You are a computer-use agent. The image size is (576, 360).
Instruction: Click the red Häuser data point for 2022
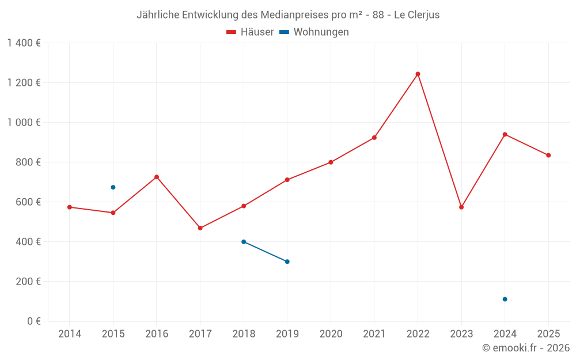418,74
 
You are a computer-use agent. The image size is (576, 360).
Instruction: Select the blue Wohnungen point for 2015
113,187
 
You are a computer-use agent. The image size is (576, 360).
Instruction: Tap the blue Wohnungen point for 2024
505,299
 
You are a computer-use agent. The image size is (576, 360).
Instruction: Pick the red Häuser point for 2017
200,228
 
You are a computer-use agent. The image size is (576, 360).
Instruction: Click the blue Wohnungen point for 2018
244,242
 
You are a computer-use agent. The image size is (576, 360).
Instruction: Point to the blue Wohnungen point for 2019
287,262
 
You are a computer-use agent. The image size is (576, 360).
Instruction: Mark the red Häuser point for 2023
461,207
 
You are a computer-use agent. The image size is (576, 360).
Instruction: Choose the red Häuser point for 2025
548,155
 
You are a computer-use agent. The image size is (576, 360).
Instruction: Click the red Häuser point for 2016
157,177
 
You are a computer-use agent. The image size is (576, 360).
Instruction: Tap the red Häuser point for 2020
331,162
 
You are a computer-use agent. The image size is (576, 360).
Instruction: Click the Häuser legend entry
250,32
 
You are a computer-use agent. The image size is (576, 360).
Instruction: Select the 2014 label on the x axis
70,334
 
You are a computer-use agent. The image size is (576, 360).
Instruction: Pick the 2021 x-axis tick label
374,334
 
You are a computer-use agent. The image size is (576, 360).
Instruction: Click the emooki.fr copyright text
526,348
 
